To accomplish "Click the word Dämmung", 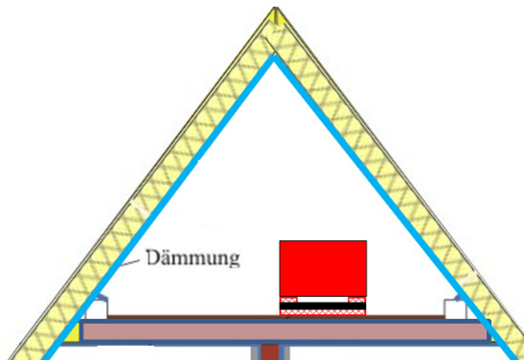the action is [194, 258].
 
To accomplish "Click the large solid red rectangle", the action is [323, 268].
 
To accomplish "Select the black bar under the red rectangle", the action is [323, 305].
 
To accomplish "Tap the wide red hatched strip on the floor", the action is [323, 312].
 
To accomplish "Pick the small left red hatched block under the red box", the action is [288, 300].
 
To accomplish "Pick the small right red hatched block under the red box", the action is [357, 300].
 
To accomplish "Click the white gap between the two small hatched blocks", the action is [323, 300].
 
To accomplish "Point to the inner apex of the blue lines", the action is [274, 57].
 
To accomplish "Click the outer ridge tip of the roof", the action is [275, 8].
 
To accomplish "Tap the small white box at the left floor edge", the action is [97, 309].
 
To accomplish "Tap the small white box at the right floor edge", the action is [455, 309].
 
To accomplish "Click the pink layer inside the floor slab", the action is [285, 331].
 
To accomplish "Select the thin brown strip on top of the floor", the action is [276, 317].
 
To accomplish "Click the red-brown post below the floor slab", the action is [270, 352].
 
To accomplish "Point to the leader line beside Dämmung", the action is [129, 263].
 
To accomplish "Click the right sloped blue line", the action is [395, 207].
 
